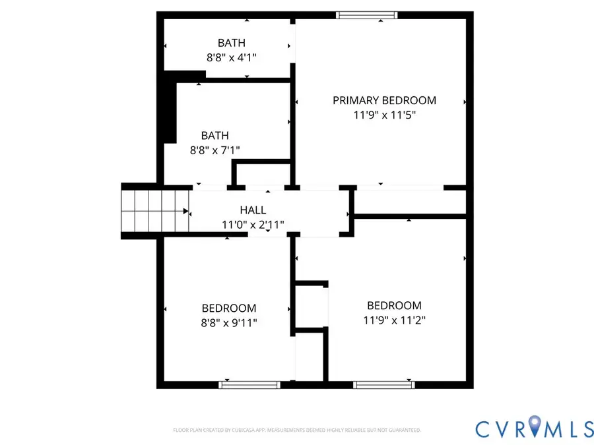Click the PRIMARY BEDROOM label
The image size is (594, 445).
(384, 100)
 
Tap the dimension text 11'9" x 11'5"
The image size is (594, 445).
(384, 115)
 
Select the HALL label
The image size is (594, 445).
(253, 210)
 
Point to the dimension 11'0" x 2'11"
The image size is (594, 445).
(253, 225)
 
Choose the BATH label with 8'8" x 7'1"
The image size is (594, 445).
(215, 135)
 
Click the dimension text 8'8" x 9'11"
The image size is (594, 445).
(228, 323)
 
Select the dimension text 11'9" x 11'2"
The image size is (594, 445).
(394, 320)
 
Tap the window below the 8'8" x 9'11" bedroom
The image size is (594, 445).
(249, 384)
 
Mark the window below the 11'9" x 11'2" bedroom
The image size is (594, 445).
(383, 384)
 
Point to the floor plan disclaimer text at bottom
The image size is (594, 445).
(296, 430)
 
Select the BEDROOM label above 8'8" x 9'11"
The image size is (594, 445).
(228, 308)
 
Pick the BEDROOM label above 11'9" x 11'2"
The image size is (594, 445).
(394, 305)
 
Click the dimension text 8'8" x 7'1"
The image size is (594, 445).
(215, 150)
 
